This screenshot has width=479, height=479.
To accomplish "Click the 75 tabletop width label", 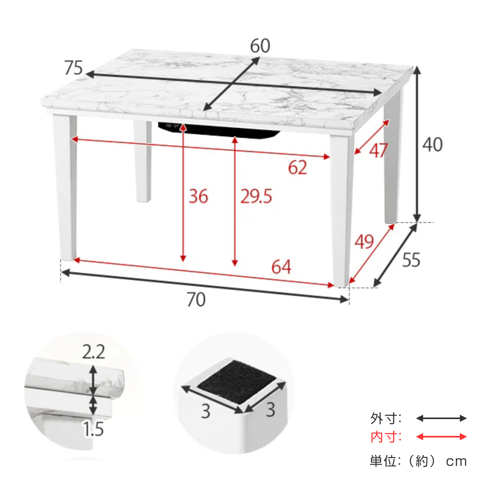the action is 73,67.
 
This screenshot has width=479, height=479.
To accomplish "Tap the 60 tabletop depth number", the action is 260,46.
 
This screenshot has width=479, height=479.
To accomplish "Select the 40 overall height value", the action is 433,144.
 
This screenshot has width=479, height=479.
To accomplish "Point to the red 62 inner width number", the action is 297,167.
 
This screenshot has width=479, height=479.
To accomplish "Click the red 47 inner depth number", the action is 378,150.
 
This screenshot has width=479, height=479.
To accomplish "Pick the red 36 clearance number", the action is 198,196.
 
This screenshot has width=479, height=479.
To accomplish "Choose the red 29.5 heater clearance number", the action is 256,196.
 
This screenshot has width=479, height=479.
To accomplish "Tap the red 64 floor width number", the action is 281,267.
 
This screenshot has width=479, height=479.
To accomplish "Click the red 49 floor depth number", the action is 364,241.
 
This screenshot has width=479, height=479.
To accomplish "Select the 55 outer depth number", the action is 411,260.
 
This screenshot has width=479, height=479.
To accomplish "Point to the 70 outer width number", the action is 196,299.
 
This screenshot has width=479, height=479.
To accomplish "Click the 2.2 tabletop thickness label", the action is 93,352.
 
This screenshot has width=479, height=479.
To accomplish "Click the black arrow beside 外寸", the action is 441,418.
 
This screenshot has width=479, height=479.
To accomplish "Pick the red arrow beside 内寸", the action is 441,437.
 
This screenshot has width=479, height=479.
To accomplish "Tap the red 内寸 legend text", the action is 386,437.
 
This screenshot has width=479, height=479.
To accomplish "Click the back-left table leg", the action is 143,161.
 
